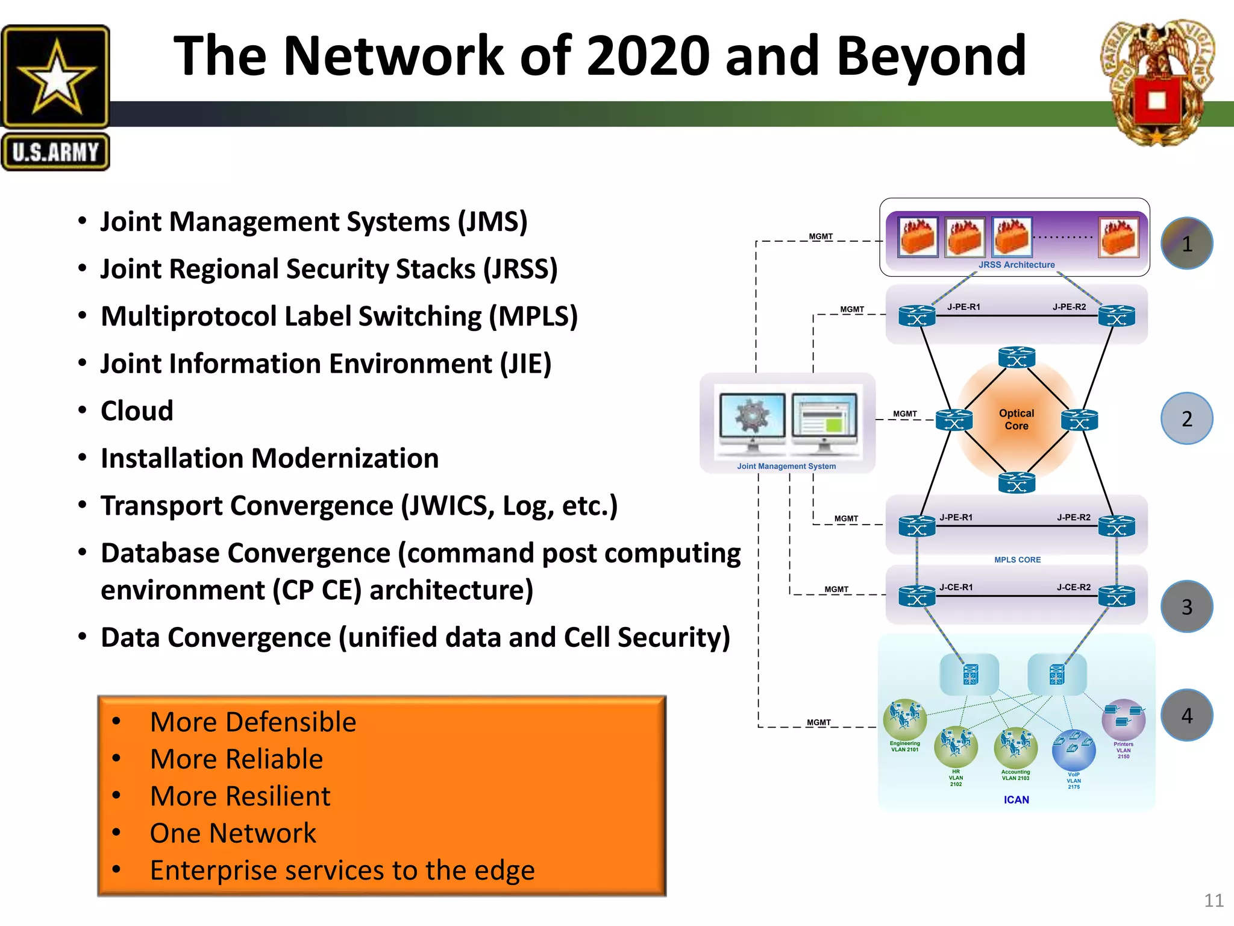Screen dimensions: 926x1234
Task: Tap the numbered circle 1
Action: click(x=1186, y=244)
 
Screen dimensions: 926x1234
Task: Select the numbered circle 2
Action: click(x=1186, y=418)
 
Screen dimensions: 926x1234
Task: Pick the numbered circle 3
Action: click(x=1186, y=606)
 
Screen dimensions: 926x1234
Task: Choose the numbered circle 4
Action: click(x=1186, y=715)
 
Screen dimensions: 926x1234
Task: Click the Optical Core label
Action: click(x=1016, y=420)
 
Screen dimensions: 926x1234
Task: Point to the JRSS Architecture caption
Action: click(x=1016, y=265)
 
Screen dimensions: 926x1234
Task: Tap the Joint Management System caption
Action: click(x=786, y=466)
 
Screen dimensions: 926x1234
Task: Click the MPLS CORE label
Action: click(x=1017, y=559)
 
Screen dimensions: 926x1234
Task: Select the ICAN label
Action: click(x=1016, y=799)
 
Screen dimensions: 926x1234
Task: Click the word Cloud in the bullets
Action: click(x=137, y=411)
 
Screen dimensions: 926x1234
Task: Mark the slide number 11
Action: click(x=1214, y=901)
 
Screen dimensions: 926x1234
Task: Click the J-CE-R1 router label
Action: click(x=956, y=587)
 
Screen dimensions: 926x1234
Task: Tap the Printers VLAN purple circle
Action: click(x=1123, y=719)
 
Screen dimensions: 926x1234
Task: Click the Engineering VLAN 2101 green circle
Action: click(x=904, y=719)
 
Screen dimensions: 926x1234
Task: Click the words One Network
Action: click(x=233, y=833)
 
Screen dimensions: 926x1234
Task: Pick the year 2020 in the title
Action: click(x=650, y=56)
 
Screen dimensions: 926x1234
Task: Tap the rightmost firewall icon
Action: click(x=1119, y=237)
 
